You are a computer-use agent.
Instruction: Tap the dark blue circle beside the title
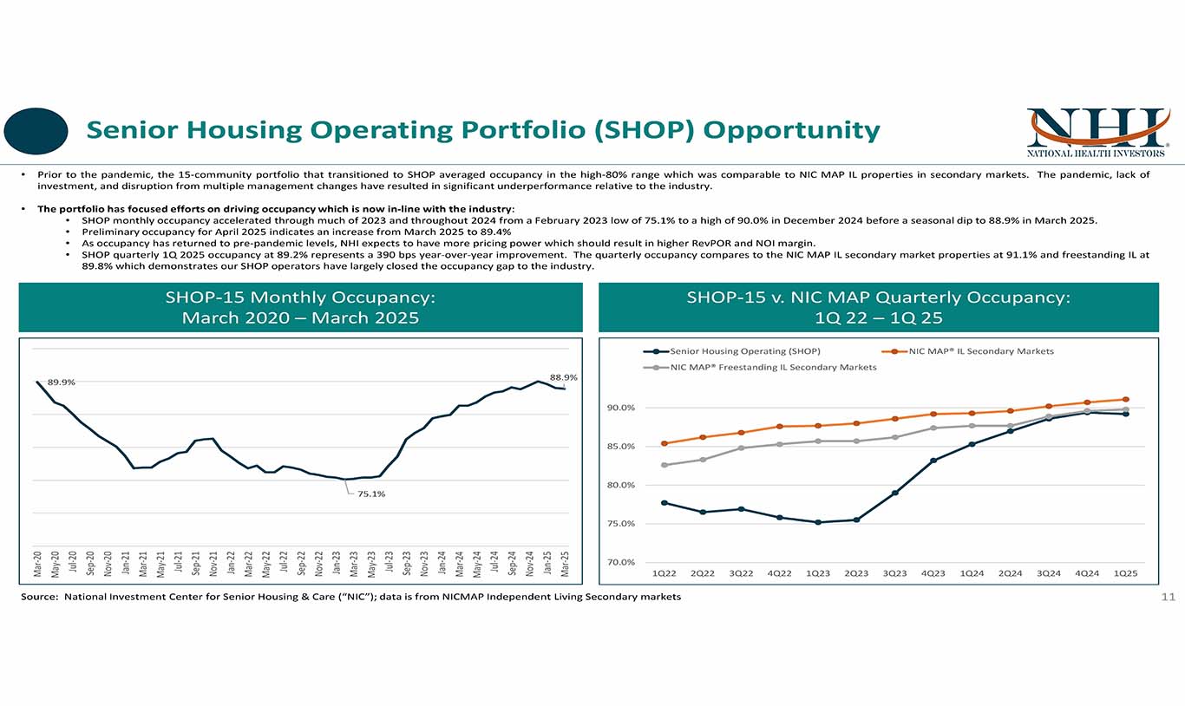[36, 131]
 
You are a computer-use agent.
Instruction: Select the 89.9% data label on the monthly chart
[61, 382]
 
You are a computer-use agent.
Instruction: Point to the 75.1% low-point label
[371, 494]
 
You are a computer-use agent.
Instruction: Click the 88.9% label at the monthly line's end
[563, 378]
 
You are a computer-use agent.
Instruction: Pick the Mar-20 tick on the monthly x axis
[37, 564]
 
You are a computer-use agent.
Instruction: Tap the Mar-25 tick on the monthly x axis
[566, 564]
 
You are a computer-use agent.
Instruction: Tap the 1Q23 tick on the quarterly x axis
[818, 573]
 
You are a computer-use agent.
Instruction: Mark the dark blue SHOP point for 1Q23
[818, 522]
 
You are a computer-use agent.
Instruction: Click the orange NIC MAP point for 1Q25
[1125, 400]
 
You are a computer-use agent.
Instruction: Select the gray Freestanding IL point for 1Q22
[665, 465]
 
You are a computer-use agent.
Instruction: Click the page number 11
[1167, 597]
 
